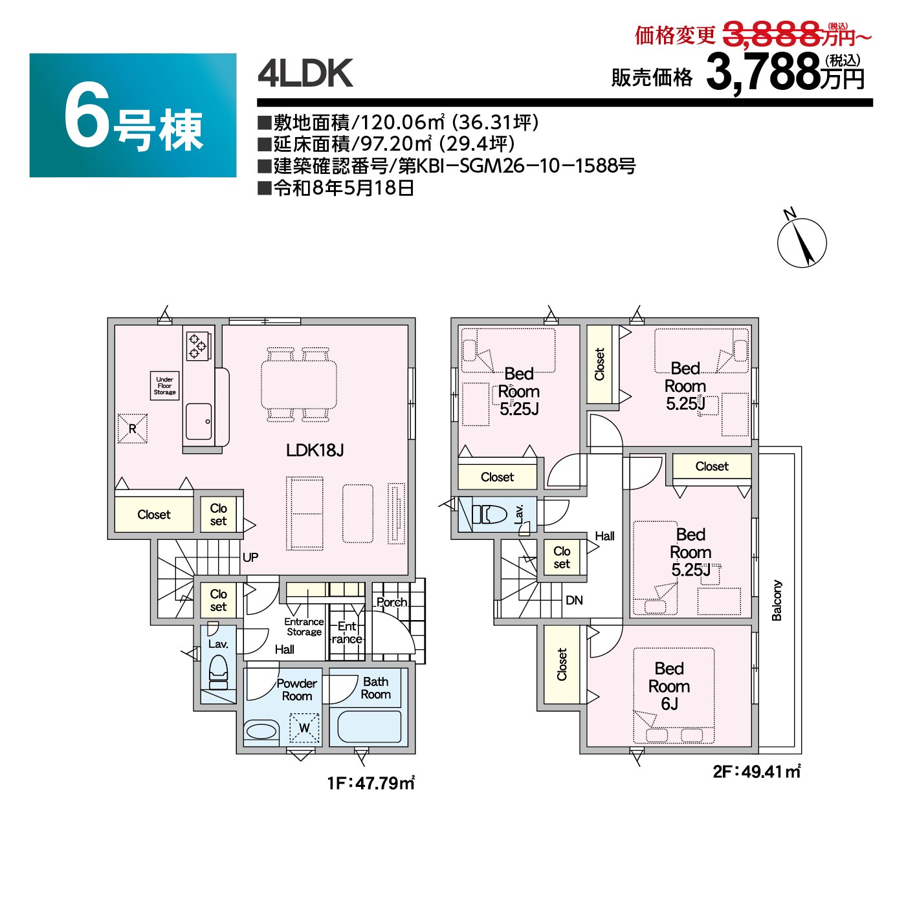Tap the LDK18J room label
[315, 450]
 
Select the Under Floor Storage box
[164, 385]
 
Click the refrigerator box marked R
[133, 428]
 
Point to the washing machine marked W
[304, 728]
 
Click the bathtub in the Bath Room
[369, 727]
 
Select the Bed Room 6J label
[668, 686]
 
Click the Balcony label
[777, 600]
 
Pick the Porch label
[392, 602]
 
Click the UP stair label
[250, 557]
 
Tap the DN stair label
[574, 600]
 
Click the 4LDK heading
[305, 73]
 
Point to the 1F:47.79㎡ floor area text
[371, 783]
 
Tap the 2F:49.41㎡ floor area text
[757, 771]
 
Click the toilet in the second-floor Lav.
[490, 515]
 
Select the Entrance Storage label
[304, 627]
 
